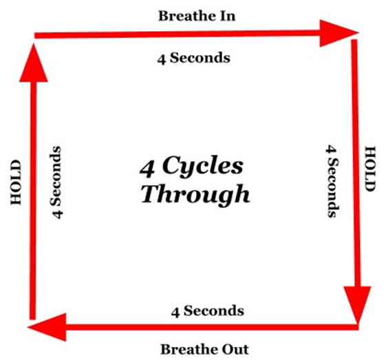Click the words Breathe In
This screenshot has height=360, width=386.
197,16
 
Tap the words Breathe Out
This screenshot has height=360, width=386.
204,350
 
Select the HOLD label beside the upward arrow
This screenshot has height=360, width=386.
16,182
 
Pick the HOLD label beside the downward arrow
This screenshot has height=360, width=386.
370,169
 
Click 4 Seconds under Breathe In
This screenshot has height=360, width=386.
194,58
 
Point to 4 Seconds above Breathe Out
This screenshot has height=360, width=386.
208,311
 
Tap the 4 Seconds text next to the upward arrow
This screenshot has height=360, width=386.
56,182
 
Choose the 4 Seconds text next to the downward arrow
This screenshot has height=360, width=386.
332,181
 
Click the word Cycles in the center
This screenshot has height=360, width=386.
202,165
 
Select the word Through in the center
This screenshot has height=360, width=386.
195,194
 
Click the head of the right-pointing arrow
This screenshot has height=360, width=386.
339,33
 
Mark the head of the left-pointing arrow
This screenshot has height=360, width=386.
47,327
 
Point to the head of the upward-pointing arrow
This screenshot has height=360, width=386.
34,62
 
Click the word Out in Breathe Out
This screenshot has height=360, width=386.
235,350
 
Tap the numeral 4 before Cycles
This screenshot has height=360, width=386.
147,169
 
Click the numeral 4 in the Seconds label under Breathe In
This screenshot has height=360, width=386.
162,59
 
